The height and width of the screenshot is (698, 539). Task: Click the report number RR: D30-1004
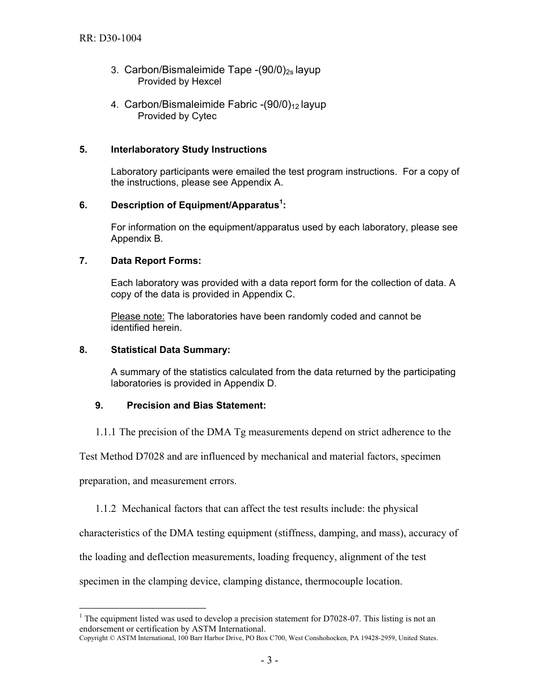110,39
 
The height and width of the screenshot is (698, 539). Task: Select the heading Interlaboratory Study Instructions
188,150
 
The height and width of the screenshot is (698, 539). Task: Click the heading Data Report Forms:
156,261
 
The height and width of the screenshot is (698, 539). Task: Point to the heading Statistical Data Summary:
170,350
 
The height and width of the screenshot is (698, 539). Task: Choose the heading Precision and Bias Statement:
196,406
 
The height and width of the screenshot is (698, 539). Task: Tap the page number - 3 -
269,661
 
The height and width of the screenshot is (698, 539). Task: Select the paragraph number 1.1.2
106,509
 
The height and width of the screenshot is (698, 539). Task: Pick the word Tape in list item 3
239,70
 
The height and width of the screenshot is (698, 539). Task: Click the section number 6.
83,205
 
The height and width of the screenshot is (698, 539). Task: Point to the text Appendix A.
256,183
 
